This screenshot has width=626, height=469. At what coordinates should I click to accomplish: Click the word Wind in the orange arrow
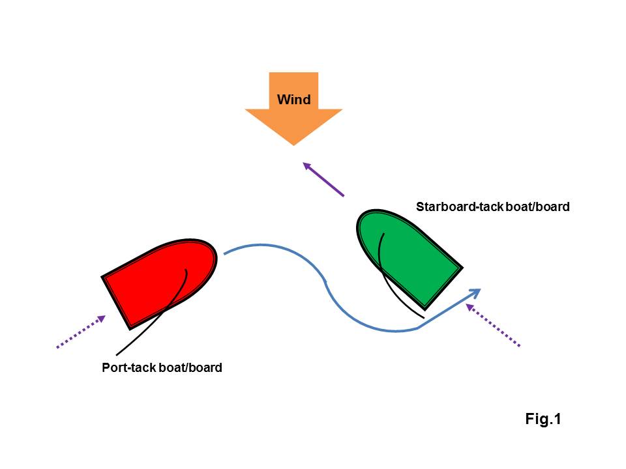(293, 100)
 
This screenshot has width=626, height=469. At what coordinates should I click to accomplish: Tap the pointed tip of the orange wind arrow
(293, 144)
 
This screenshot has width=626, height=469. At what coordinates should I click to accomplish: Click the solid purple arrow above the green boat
(324, 180)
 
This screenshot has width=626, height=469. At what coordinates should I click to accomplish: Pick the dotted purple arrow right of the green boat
(494, 326)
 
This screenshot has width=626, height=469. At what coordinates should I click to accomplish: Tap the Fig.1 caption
(543, 419)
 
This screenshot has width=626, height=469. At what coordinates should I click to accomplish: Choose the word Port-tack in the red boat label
(127, 368)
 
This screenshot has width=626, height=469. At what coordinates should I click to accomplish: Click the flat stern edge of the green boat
(443, 287)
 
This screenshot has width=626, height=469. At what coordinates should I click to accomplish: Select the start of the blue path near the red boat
(226, 253)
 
